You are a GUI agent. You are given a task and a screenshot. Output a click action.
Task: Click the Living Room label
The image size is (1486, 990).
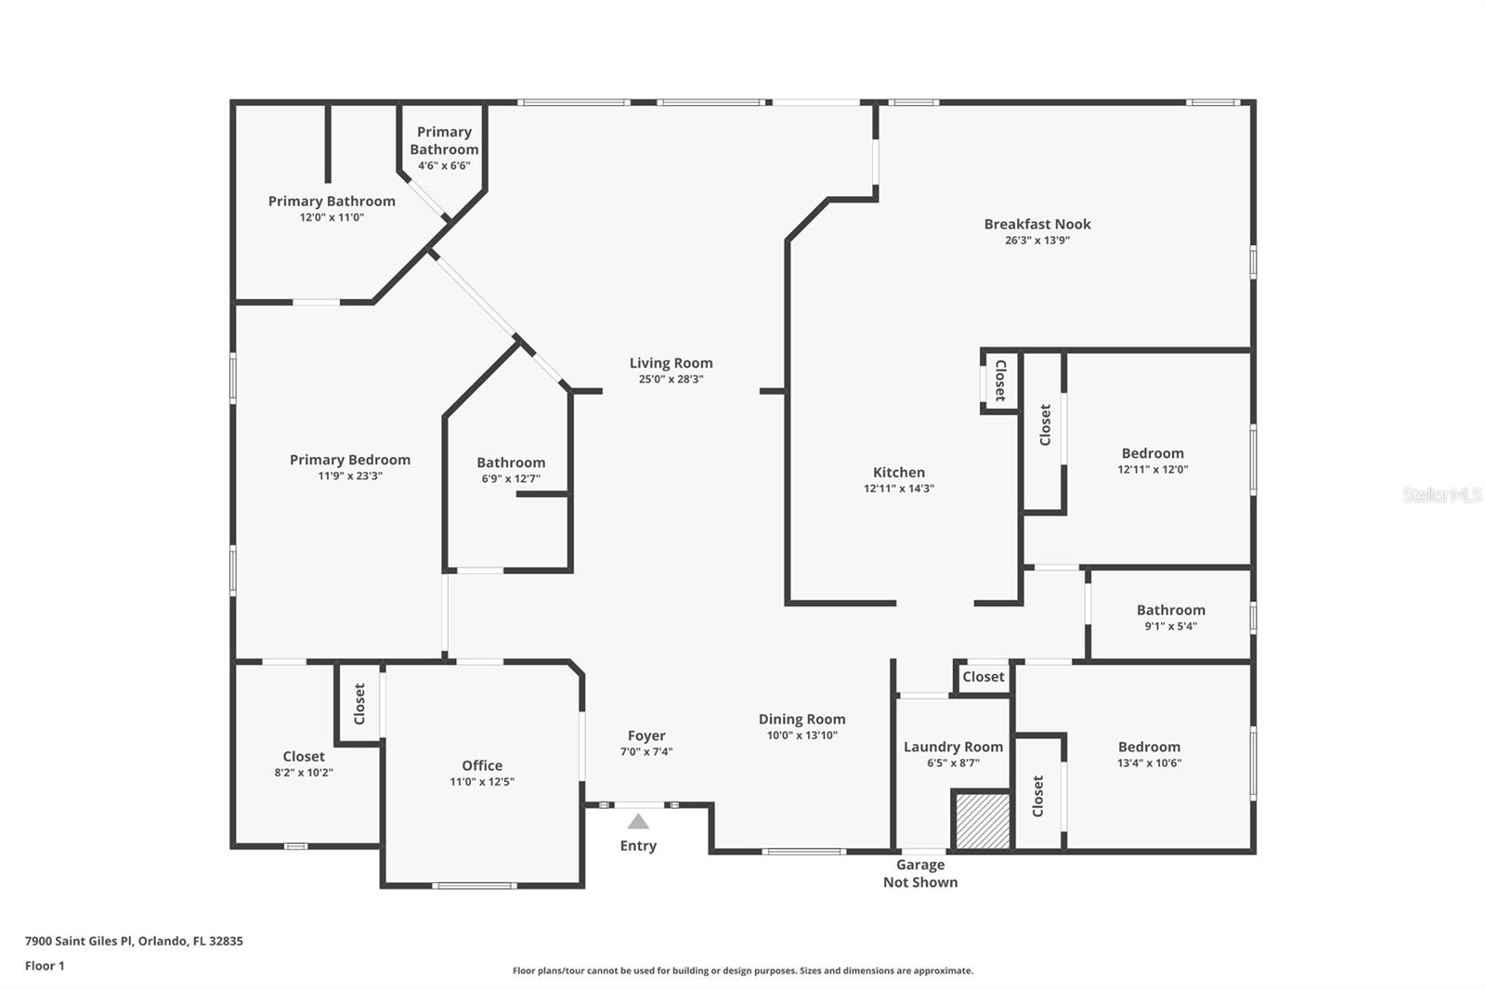671,363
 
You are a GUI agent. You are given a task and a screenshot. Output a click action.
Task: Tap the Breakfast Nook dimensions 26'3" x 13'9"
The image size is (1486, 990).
1037,240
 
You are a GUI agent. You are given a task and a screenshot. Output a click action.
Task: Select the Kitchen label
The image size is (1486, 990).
898,472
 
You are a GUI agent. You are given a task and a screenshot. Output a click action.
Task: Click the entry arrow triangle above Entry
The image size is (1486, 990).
638,821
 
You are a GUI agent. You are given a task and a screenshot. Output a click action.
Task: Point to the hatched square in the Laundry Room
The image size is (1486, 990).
982,820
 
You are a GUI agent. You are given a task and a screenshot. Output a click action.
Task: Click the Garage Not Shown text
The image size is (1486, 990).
919,873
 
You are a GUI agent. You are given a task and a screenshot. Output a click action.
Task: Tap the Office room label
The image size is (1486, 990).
482,765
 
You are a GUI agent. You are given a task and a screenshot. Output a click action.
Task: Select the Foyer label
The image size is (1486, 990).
645,736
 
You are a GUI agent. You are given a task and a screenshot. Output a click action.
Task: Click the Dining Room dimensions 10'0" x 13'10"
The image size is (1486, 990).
802,735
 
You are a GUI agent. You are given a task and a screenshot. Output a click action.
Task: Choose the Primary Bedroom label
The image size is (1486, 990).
349,460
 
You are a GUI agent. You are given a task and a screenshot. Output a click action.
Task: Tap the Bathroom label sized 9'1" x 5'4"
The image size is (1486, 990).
1170,610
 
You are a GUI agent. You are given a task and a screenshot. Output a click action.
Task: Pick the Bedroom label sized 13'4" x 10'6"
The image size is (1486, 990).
1149,747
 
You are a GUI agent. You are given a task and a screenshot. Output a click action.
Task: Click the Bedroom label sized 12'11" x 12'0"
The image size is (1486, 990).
1152,453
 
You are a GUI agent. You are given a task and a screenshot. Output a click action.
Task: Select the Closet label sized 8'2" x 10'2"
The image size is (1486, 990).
304,756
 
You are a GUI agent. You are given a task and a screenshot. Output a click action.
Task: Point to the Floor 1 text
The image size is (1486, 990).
45,966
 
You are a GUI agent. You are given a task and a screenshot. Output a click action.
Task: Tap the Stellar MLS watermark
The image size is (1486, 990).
1441,495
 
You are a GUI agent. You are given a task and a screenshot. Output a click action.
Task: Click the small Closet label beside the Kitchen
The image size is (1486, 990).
1000,380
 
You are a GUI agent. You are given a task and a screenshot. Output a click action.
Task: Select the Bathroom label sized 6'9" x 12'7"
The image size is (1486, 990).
511,462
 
